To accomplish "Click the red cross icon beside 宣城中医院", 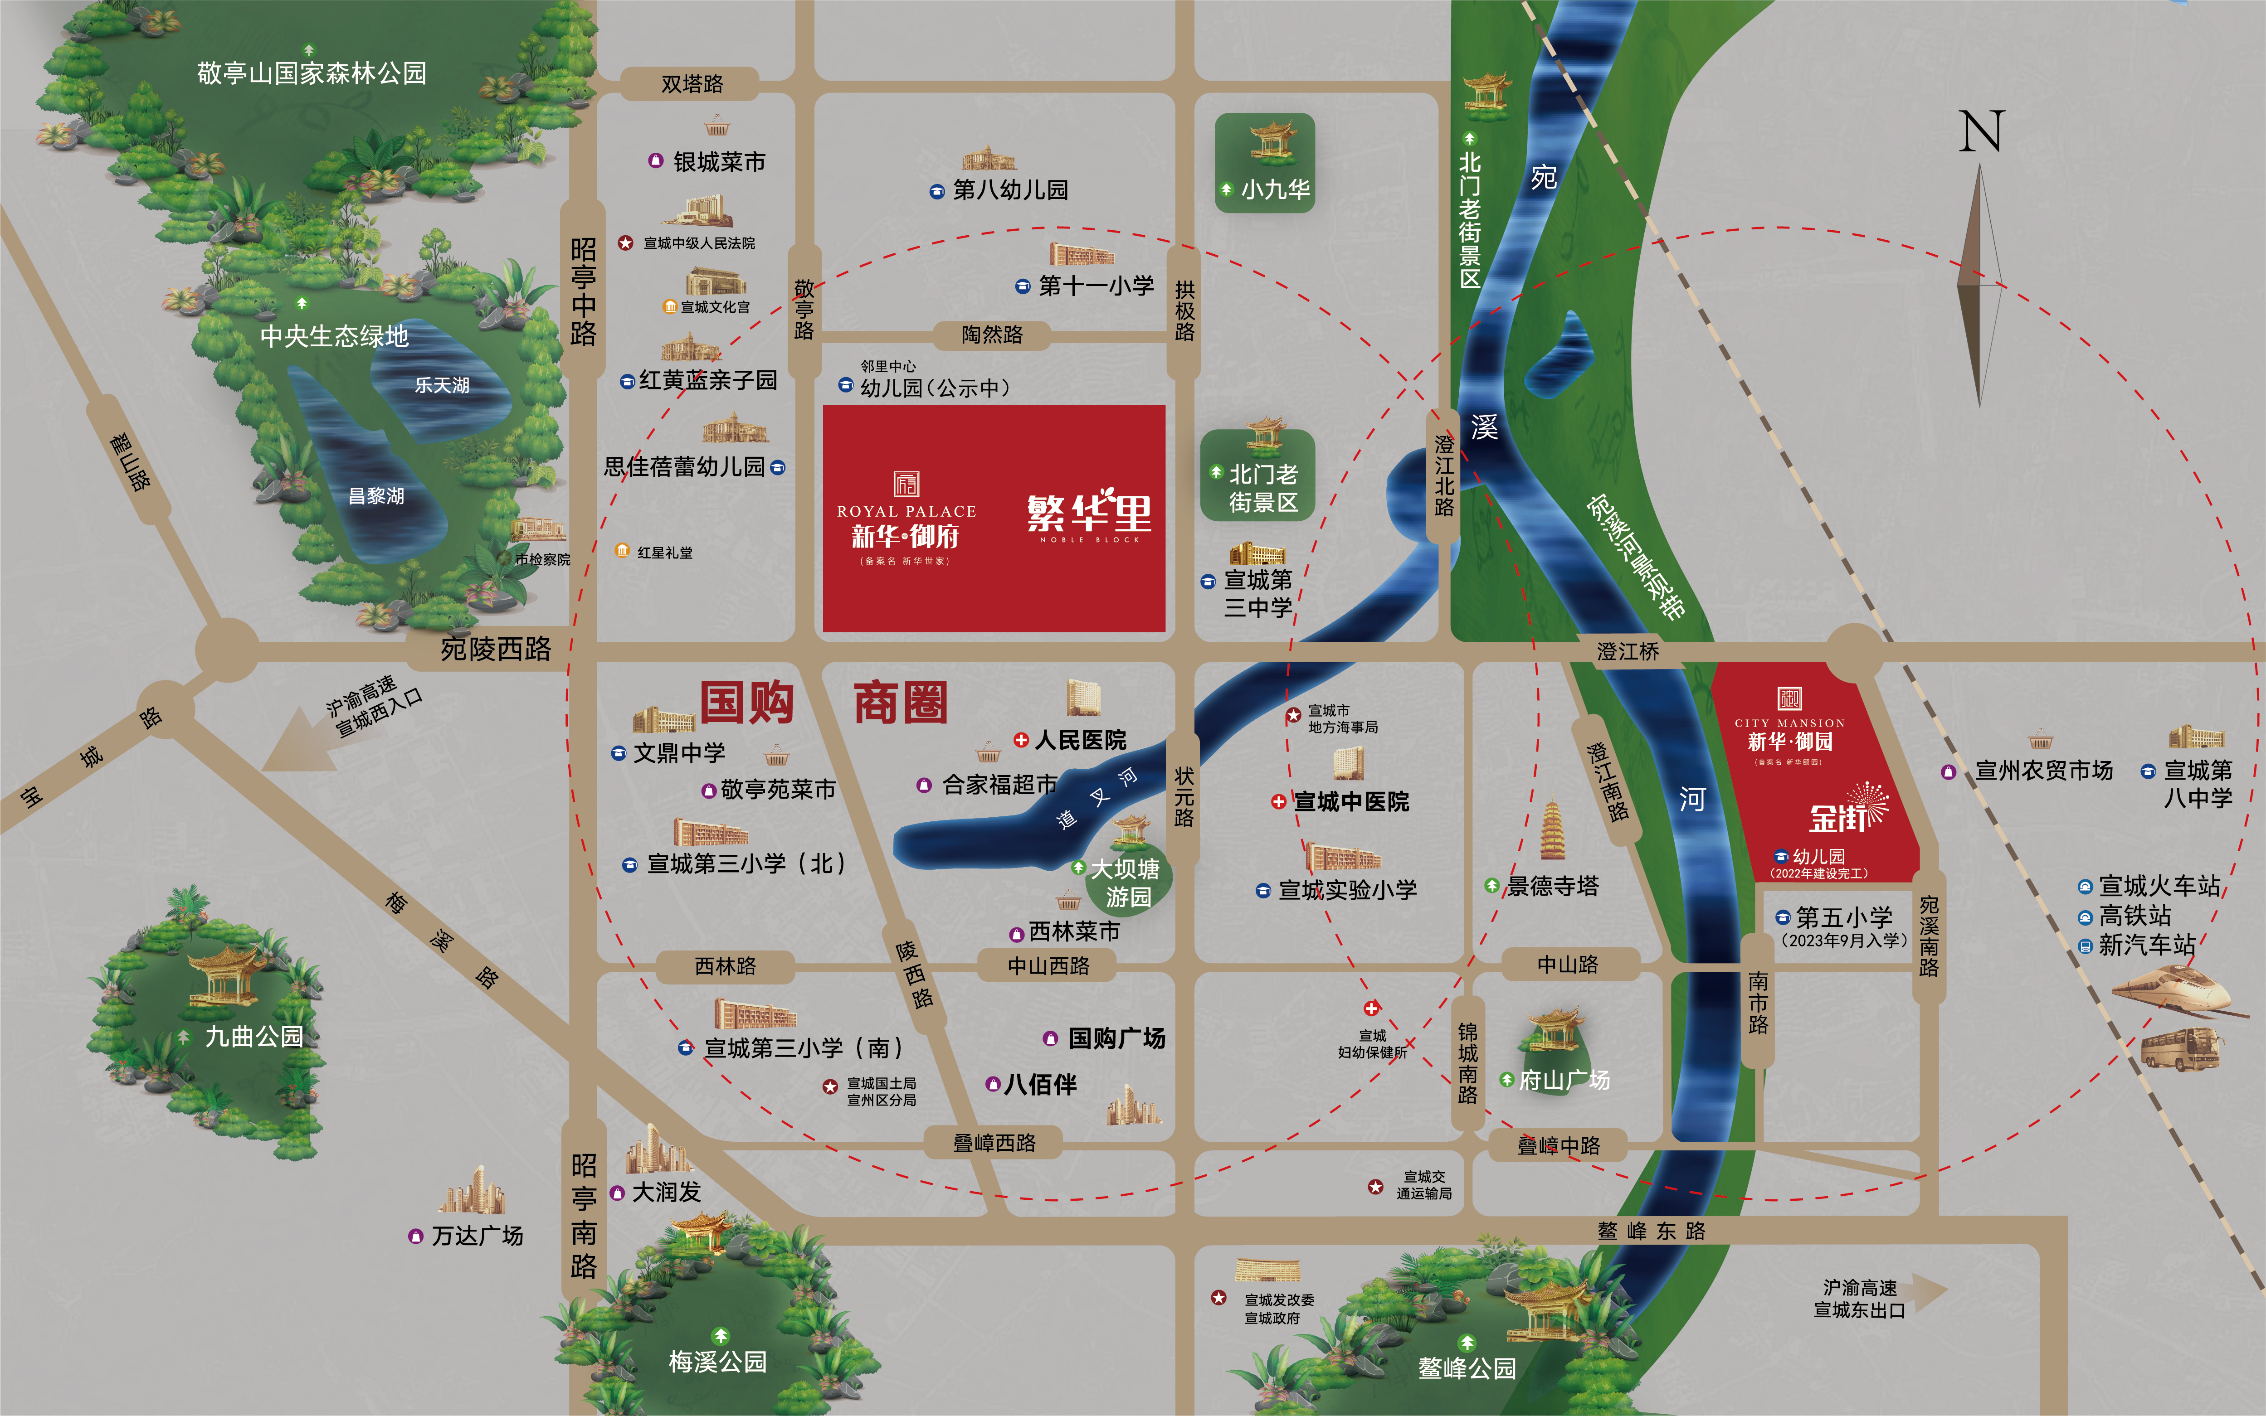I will pos(1278,802).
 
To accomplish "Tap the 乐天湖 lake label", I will pos(442,385).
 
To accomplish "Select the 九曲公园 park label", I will pos(254,1037).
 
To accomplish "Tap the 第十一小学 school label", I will pos(1096,286).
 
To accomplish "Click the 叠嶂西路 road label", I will pos(994,1143).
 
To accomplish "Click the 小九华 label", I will pos(1275,189).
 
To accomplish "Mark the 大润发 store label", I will pos(666,1192).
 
